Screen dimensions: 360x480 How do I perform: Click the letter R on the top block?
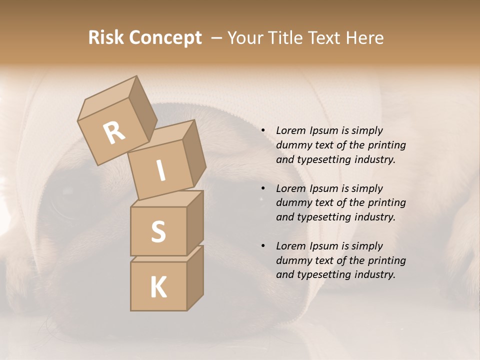coord(114,132)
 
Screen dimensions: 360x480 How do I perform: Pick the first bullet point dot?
coord(263,131)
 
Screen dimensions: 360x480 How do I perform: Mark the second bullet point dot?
coord(263,189)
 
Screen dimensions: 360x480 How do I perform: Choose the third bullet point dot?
coord(263,246)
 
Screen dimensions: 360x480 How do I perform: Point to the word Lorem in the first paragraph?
coord(291,130)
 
